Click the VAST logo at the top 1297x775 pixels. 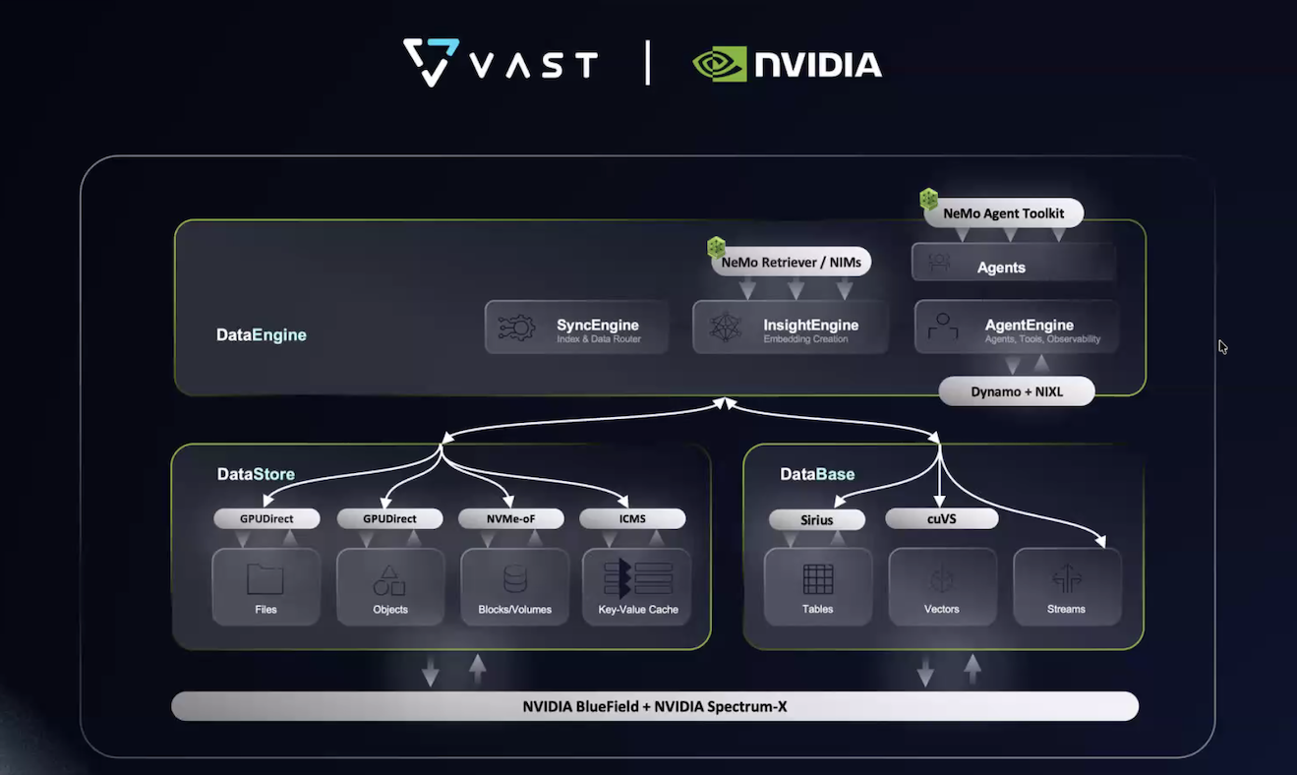[x=501, y=63]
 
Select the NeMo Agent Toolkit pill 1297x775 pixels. [x=1003, y=212]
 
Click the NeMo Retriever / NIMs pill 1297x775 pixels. [x=792, y=262]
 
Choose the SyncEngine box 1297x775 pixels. [x=577, y=328]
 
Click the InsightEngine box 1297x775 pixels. [x=790, y=328]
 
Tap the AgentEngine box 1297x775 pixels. [x=1016, y=328]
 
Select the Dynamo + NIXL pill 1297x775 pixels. [x=1017, y=391]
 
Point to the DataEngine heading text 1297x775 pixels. [x=262, y=335]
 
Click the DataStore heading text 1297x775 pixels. [x=256, y=475]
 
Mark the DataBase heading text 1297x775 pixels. [x=817, y=475]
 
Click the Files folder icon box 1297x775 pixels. [x=265, y=586]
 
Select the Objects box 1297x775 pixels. [x=390, y=586]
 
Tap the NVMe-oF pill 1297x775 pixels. [x=511, y=518]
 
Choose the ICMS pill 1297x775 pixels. [x=633, y=518]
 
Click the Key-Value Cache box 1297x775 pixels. [x=638, y=586]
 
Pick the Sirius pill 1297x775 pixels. [x=817, y=519]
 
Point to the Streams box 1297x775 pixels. [x=1067, y=586]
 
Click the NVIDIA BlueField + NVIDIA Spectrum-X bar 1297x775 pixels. [x=654, y=706]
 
